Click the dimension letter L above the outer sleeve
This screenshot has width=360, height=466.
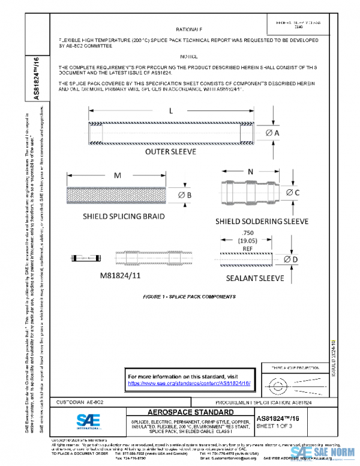click(170, 111)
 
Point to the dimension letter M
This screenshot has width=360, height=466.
click(118, 175)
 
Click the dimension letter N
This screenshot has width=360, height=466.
click(249, 171)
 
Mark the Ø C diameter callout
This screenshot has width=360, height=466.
click(293, 192)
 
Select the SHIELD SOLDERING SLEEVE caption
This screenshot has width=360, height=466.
click(262, 222)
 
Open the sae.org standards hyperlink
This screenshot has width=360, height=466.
click(189, 383)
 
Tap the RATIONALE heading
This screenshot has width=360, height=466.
click(189, 29)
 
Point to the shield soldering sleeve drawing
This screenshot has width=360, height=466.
click(248, 192)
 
